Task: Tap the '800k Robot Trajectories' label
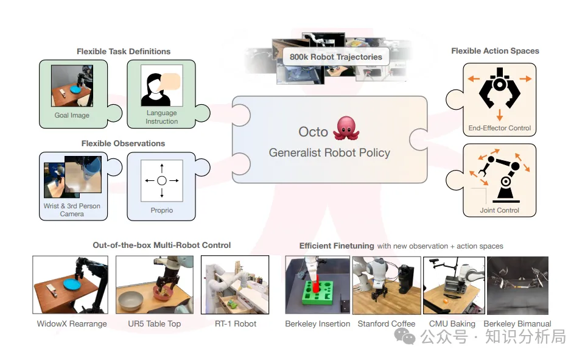tap(336, 57)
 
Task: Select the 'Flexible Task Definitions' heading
tap(124, 51)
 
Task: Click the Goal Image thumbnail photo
tap(72, 86)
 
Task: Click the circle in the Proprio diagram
tap(162, 180)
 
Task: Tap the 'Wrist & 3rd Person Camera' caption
tap(72, 210)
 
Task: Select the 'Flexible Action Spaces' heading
tap(495, 51)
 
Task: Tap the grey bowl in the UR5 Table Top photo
tap(131, 300)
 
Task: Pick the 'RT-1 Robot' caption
tap(236, 323)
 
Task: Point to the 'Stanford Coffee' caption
tap(387, 323)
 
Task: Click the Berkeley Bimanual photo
tap(517, 285)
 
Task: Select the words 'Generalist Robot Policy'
tap(329, 152)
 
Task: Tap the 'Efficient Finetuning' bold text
tap(337, 245)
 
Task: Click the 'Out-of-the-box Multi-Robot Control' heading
tap(162, 245)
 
